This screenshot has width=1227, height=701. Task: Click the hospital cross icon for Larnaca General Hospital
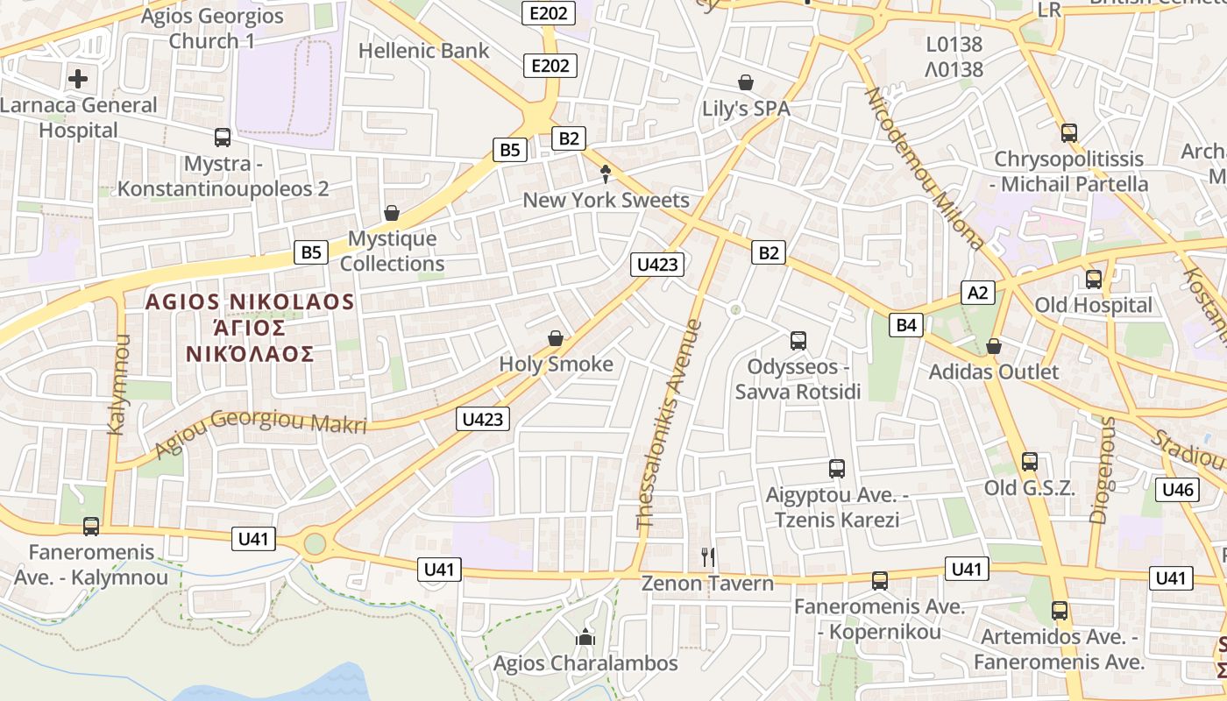click(x=78, y=79)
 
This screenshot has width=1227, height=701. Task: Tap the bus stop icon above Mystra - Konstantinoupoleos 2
click(x=223, y=138)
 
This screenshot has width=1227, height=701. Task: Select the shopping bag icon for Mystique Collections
click(x=392, y=213)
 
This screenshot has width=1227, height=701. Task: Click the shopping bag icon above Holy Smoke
click(x=555, y=338)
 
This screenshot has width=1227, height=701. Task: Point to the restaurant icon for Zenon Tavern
click(x=708, y=556)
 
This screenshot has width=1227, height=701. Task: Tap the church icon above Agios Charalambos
click(x=585, y=637)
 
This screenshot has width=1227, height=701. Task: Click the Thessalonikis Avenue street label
click(x=670, y=424)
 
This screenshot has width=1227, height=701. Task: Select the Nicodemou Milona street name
click(x=926, y=167)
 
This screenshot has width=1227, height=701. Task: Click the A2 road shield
click(x=977, y=293)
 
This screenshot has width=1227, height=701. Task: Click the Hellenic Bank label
click(x=423, y=51)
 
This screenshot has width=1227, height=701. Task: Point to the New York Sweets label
click(x=606, y=200)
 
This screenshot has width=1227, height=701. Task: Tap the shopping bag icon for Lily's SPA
click(x=746, y=82)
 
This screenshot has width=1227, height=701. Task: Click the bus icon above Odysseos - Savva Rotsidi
click(x=798, y=340)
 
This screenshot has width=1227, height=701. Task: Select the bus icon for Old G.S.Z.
click(x=1029, y=462)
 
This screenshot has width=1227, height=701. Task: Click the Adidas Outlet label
click(x=993, y=372)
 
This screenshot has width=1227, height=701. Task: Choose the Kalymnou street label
click(x=117, y=384)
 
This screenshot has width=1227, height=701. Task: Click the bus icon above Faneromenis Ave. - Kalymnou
click(x=91, y=527)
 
